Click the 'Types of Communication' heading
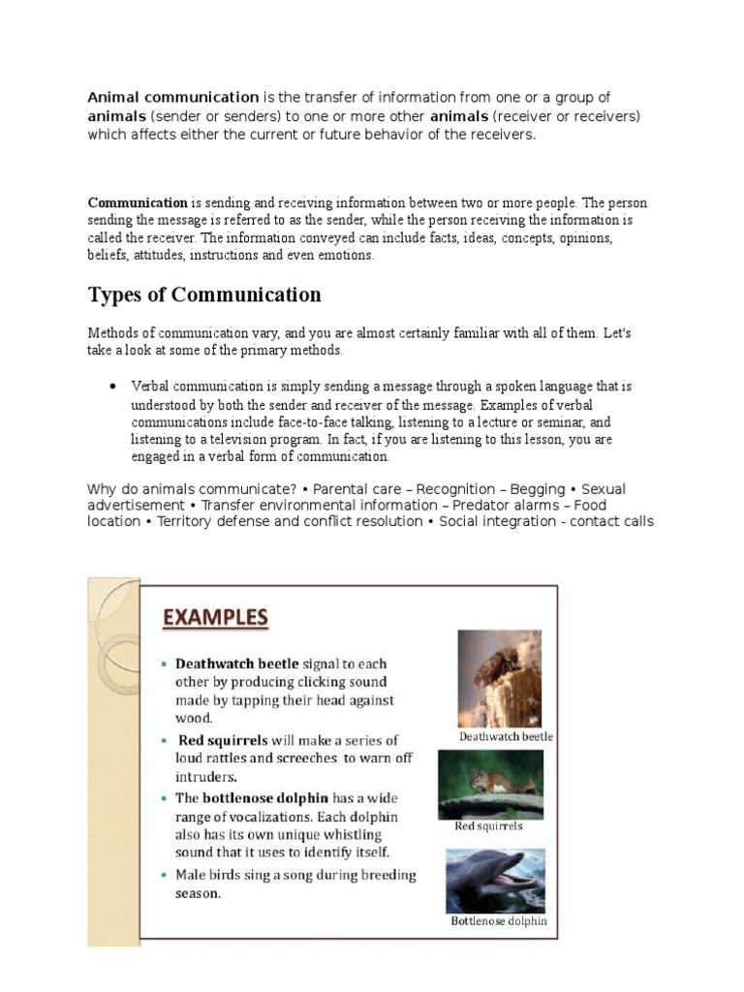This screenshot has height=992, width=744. tap(204, 294)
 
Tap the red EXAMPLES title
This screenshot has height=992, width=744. tap(214, 617)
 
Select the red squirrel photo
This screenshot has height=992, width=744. tap(490, 784)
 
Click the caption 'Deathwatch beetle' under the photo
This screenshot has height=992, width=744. tap(506, 736)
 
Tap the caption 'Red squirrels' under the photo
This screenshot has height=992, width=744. tap(488, 826)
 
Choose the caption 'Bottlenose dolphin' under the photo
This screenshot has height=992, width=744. tap(498, 921)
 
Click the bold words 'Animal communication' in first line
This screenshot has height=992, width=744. tap(173, 98)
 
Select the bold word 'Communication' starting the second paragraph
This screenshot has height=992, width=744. tap(138, 202)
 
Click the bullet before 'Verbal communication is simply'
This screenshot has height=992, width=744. tap(114, 387)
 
